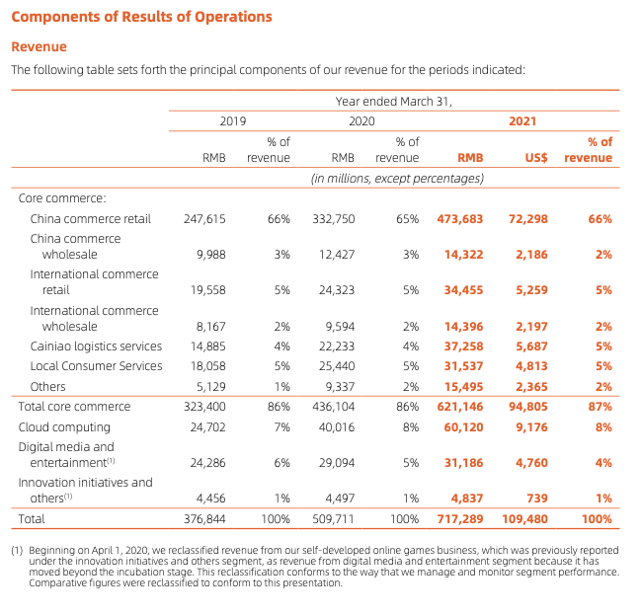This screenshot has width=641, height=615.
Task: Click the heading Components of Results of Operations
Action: coord(141,17)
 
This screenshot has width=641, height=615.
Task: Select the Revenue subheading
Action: coord(39,46)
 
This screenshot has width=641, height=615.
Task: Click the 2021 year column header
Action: coord(522,121)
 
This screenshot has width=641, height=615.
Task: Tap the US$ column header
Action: coord(536,158)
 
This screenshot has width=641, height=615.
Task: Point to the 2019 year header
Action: coord(233,121)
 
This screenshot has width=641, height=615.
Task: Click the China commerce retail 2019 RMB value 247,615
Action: coord(204,219)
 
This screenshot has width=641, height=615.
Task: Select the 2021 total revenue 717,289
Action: coord(460,519)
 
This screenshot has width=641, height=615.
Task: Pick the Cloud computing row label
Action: coord(64,427)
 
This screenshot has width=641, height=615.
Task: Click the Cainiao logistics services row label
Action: coord(96,346)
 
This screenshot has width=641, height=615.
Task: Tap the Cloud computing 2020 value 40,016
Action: coord(337,427)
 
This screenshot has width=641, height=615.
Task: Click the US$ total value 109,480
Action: coord(524,519)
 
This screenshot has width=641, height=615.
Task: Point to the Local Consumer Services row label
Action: coord(96,365)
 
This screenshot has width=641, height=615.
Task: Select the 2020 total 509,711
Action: coord(333,519)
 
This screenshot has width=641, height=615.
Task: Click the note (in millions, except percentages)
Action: coord(397,179)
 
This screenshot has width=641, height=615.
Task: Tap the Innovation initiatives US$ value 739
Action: coord(536,499)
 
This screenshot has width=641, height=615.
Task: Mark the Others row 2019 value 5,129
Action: coord(211,387)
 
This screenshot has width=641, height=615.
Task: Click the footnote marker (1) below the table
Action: coord(17,551)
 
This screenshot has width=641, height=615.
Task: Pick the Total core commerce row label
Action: coord(74,407)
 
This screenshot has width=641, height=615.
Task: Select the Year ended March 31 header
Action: coord(394,102)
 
